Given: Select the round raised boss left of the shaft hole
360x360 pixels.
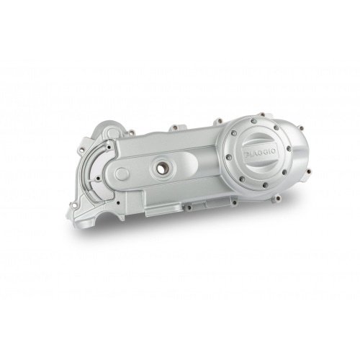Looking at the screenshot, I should tap(122, 174).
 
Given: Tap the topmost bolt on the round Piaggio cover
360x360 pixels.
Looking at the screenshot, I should tap(261, 116).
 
